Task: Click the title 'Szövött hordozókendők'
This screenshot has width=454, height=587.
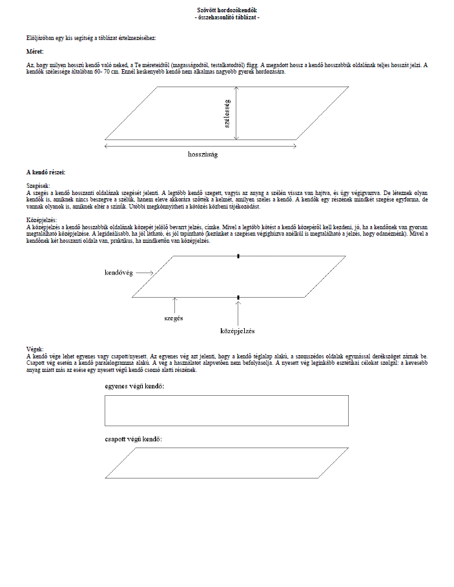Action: click(227, 11)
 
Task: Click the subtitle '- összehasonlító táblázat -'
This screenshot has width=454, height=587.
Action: click(227, 17)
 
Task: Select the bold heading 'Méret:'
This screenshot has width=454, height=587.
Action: click(35, 50)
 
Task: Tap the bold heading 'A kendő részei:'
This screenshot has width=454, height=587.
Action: click(45, 172)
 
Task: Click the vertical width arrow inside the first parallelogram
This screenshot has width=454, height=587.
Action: click(237, 114)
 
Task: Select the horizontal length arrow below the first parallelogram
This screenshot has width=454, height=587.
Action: click(200, 146)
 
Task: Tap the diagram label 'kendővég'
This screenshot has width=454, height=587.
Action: click(119, 273)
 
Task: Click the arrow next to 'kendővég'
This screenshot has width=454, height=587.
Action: click(145, 273)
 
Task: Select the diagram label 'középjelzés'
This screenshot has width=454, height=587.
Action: click(238, 331)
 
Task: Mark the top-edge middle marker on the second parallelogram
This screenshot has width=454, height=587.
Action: click(238, 256)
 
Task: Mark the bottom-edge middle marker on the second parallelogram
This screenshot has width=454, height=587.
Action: click(238, 297)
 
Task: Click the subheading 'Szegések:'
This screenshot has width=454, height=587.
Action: click(39, 185)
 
